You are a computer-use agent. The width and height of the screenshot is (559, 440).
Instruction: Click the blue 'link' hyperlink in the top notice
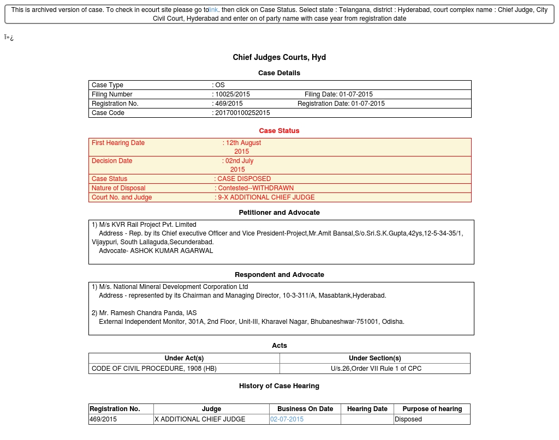[x=213, y=10]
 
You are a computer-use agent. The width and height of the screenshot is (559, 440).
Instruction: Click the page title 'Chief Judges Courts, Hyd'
[x=279, y=57]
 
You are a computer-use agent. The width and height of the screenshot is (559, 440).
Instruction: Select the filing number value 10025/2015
[x=233, y=94]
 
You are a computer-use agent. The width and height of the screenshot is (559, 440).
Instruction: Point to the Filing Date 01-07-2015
[x=356, y=94]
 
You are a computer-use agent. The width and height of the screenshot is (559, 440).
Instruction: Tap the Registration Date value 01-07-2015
[x=368, y=104]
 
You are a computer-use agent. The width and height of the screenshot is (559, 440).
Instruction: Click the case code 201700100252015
[x=242, y=113]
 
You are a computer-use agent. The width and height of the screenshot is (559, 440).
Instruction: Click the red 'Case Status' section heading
[x=279, y=131]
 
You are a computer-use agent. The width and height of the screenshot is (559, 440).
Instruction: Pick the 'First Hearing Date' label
[x=118, y=143]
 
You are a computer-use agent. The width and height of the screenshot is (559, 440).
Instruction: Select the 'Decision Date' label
[x=112, y=161]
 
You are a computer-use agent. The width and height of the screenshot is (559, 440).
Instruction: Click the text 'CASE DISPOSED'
[x=244, y=179]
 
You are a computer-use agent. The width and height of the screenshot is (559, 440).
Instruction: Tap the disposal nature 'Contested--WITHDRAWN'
[x=255, y=188]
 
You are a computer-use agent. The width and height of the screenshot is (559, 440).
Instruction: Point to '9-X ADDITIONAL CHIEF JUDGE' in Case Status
[x=266, y=197]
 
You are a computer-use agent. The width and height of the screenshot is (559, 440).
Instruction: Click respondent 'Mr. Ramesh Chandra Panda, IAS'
[x=147, y=313]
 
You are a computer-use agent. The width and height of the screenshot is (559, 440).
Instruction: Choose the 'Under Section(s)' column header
[x=374, y=358]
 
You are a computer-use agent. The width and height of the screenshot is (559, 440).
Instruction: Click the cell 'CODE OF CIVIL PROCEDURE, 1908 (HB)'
[x=154, y=369]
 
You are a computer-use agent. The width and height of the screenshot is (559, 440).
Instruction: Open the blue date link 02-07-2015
[x=287, y=419]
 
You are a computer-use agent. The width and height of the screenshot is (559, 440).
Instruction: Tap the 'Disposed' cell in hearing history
[x=408, y=419]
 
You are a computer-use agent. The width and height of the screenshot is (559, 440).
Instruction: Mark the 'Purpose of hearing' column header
[x=432, y=409]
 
